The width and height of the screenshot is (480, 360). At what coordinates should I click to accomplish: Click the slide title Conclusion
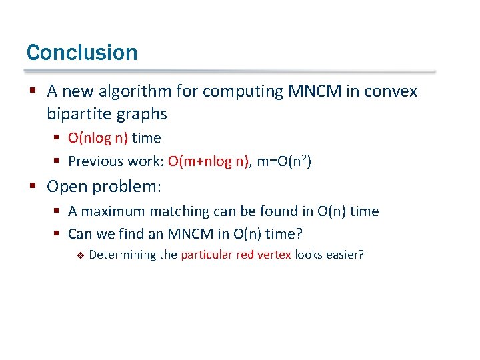coord(82,53)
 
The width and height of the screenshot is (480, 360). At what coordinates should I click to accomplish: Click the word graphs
coord(142,114)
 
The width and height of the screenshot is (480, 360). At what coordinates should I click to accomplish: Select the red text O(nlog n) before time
coord(98,138)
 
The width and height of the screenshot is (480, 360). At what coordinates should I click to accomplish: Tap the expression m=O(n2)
coord(283,161)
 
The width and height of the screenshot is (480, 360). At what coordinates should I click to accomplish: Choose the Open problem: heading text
coord(103,187)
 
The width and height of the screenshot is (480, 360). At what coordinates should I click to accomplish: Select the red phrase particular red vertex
coord(236,255)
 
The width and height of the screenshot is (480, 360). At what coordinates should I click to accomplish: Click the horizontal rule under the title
coord(230,71)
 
